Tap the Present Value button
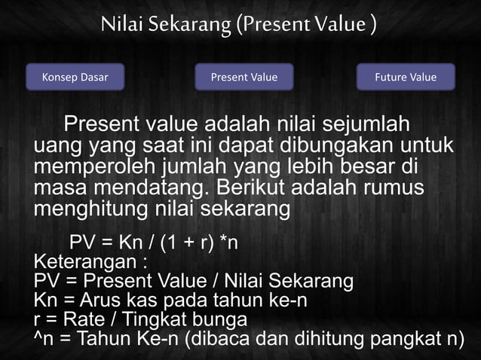244,77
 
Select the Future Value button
406,77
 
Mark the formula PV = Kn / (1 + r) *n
155,244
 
